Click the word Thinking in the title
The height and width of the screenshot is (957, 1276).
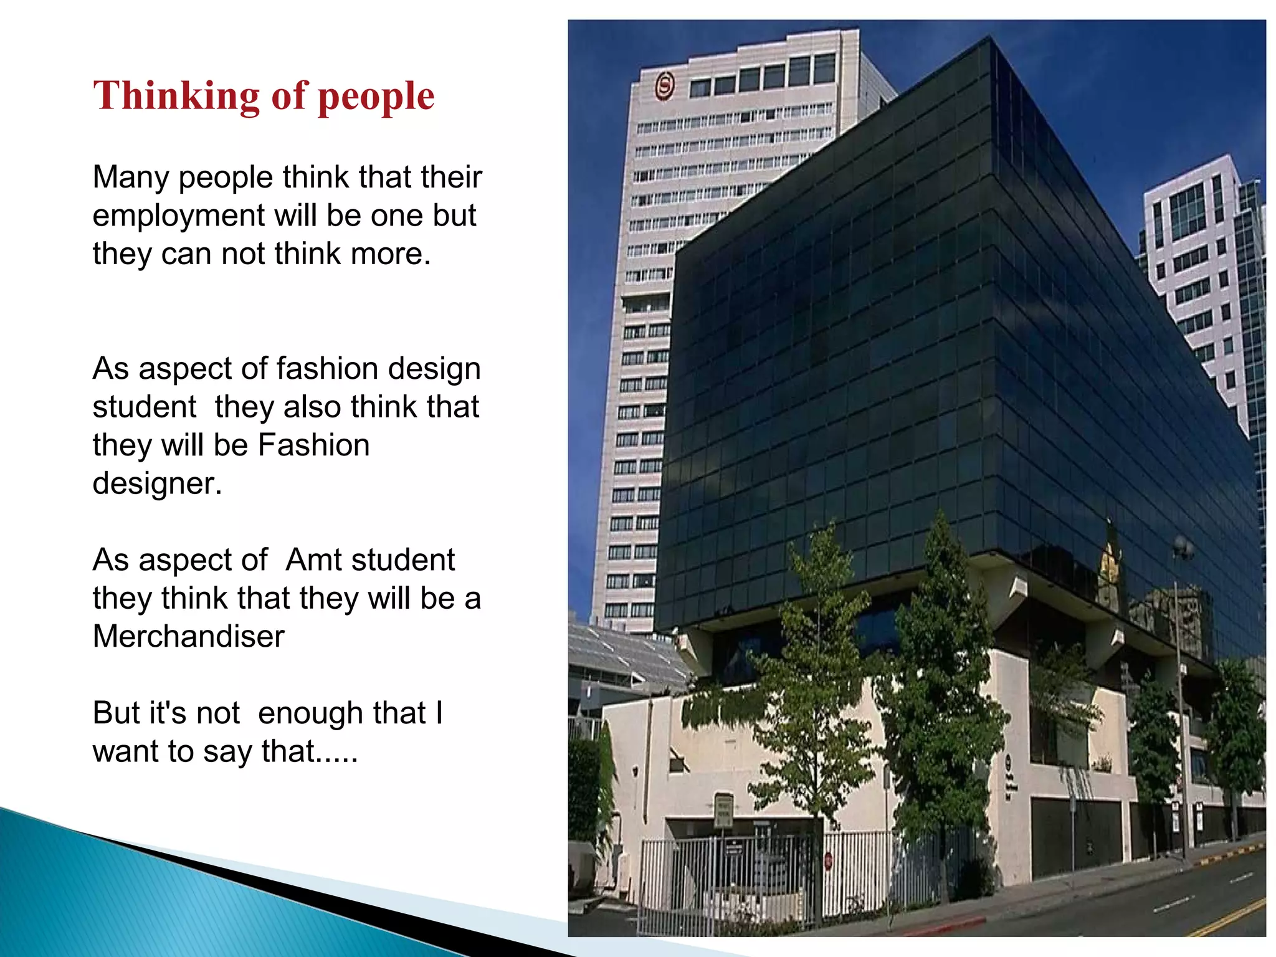pyautogui.click(x=176, y=96)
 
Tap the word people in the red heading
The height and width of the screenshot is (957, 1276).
pyautogui.click(x=376, y=97)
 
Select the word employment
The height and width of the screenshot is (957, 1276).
pyautogui.click(x=179, y=216)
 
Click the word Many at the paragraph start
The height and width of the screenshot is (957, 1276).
pyautogui.click(x=130, y=177)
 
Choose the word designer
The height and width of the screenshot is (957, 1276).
pyautogui.click(x=156, y=483)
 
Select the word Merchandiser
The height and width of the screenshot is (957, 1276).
pyautogui.click(x=188, y=636)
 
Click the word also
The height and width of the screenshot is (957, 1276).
pyautogui.click(x=312, y=407)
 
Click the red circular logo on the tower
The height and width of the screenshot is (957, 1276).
pyautogui.click(x=665, y=85)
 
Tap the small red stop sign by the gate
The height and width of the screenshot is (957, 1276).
pyautogui.click(x=828, y=861)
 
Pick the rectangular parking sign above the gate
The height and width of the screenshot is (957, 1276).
pyautogui.click(x=723, y=809)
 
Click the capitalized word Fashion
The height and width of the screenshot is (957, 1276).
pyautogui.click(x=313, y=445)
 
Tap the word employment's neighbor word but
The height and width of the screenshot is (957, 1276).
pyautogui.click(x=455, y=216)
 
